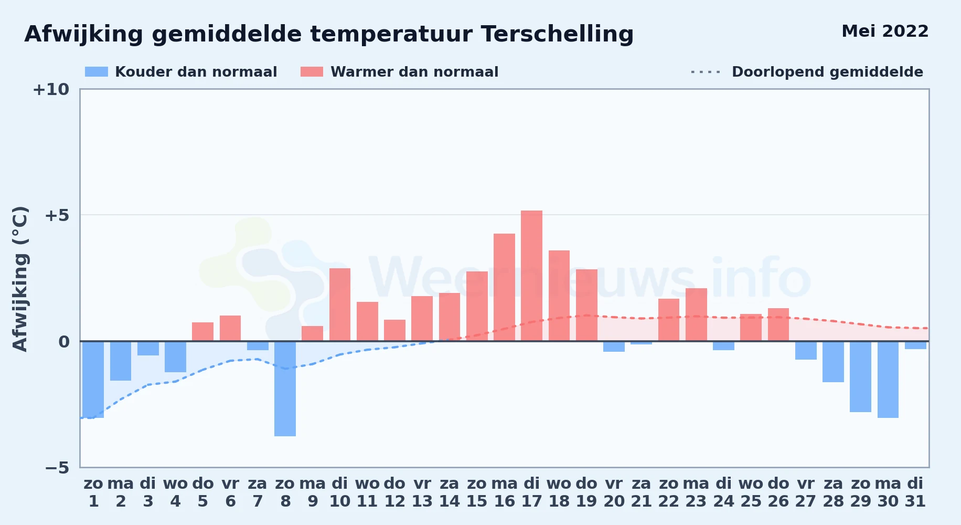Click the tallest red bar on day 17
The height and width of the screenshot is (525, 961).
(x=531, y=276)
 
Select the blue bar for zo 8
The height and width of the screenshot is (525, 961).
(x=285, y=388)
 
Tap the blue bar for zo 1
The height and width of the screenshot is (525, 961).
(x=93, y=380)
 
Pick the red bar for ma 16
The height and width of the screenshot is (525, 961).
(x=504, y=287)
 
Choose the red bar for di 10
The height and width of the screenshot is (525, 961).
(x=340, y=304)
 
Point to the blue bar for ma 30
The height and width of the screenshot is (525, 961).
(x=888, y=380)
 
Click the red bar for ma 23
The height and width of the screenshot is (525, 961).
(x=696, y=314)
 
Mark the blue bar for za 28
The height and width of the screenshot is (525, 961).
(x=833, y=362)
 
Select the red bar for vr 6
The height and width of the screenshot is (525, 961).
(x=230, y=328)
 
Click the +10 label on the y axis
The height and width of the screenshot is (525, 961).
(x=51, y=89)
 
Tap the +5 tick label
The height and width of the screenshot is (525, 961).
(x=57, y=215)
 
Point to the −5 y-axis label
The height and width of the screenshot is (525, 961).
(x=57, y=467)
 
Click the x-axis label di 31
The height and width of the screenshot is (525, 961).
(x=915, y=492)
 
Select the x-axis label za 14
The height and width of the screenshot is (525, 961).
(x=450, y=492)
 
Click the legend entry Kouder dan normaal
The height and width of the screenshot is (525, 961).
(x=181, y=71)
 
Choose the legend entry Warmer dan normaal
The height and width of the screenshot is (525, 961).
(x=399, y=71)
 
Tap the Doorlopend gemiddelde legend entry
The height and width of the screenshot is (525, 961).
(x=807, y=71)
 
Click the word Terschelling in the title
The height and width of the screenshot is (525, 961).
(x=557, y=34)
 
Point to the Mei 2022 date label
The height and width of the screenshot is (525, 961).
(x=885, y=31)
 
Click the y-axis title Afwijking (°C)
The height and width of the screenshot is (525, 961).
(x=20, y=278)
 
